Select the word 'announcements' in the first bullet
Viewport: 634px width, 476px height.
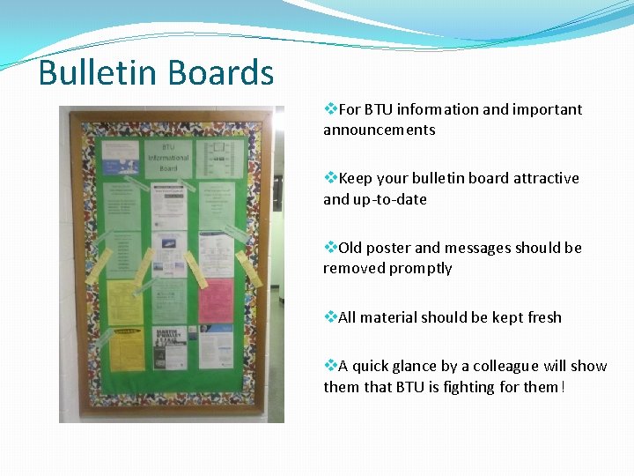pyautogui.click(x=379, y=130)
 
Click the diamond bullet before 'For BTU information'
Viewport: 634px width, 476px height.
pyautogui.click(x=330, y=109)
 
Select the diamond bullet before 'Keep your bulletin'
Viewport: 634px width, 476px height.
pyautogui.click(x=330, y=178)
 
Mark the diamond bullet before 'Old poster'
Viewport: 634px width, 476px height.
pyautogui.click(x=330, y=248)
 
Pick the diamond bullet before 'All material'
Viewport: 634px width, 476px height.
pyautogui.click(x=330, y=317)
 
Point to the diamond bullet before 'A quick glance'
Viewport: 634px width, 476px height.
pyautogui.click(x=330, y=366)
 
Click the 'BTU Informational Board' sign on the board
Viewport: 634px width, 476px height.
pyautogui.click(x=168, y=156)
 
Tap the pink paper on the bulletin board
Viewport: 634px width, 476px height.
pyautogui.click(x=215, y=301)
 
